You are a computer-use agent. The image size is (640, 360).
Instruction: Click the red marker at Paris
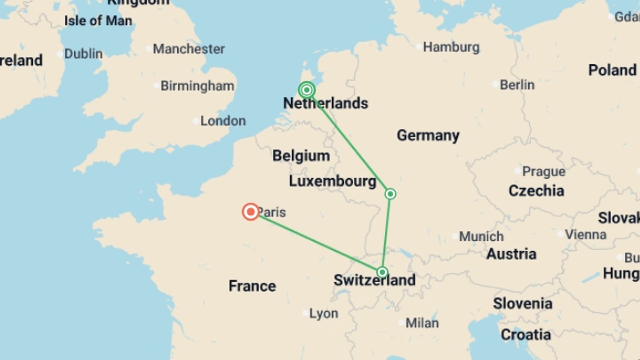pos(251,212)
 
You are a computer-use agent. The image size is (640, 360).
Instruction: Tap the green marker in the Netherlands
pos(307,90)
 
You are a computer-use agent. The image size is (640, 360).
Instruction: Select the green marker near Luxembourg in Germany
pos(390,194)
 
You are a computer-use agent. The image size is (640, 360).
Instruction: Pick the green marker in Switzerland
pos(382,272)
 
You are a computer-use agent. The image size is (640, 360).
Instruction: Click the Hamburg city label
pos(451,47)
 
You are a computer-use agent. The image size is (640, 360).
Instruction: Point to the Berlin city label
pos(517,85)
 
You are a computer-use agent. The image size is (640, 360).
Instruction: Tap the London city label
pos(223,121)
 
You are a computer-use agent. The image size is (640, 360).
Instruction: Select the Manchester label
pos(189,49)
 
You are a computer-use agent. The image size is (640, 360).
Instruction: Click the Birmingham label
pos(197,86)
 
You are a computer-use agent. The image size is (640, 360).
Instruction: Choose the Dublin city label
pos(83,54)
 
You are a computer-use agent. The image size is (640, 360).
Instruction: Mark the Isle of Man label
pos(98,21)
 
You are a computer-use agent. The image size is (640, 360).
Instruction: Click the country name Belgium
pos(301,156)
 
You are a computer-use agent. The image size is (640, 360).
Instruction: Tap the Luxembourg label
pos(332,181)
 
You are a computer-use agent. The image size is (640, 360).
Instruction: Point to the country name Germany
pos(428,135)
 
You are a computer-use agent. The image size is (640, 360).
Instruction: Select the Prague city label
pos(543,171)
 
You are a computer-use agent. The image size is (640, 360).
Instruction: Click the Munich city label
pos(481,236)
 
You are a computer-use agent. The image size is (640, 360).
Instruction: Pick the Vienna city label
pos(585,235)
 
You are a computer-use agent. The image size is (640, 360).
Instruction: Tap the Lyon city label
pos(323,313)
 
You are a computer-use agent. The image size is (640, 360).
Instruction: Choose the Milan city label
pos(422,323)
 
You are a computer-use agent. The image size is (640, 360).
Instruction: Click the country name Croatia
pos(526,335)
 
